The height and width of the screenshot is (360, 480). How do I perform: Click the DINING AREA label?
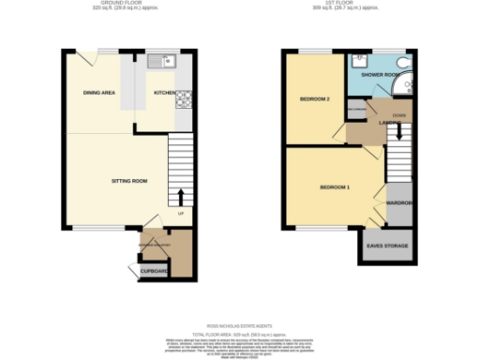pos(98,94)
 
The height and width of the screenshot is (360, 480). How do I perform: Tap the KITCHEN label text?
pos(164,94)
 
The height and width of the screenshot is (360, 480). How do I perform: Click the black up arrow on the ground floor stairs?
pos(181,197)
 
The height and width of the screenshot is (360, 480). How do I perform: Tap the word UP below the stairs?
pos(180,213)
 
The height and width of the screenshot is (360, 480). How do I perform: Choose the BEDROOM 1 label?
pos(335,187)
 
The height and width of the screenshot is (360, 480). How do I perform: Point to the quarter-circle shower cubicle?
pos(405,87)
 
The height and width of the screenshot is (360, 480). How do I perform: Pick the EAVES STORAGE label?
pos(387,246)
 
